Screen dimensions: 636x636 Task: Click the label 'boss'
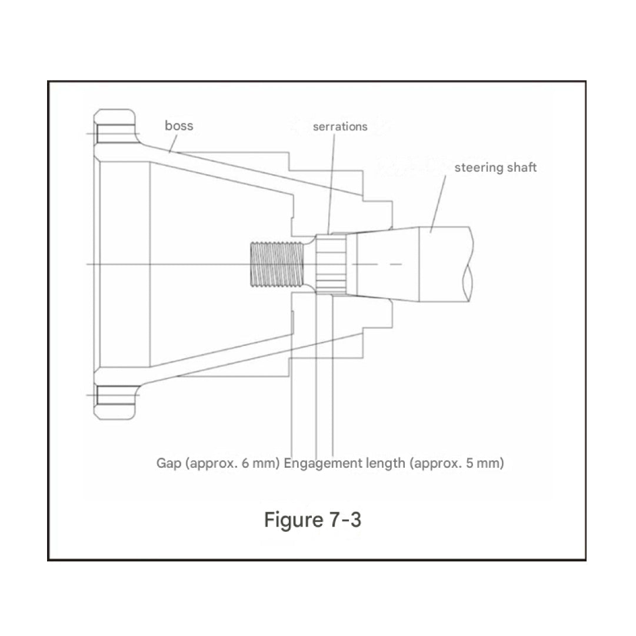point(179,125)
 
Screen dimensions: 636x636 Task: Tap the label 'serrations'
point(340,126)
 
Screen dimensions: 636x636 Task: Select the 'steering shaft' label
point(495,168)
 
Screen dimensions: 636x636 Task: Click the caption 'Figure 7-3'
point(312,520)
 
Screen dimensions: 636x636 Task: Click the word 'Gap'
point(168,463)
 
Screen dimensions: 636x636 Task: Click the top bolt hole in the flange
point(115,135)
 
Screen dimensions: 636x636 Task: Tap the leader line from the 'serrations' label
point(332,182)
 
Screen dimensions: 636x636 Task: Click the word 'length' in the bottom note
point(387,463)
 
